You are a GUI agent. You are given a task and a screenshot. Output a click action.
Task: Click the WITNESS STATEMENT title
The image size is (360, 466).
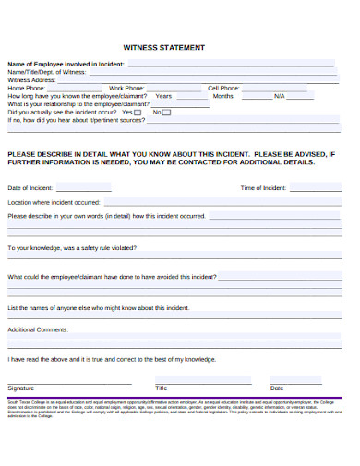[x=163, y=47]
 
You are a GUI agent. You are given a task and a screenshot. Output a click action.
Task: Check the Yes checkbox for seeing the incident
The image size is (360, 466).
[x=138, y=112]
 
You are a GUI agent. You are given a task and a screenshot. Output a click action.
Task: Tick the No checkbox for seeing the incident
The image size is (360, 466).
[x=166, y=112]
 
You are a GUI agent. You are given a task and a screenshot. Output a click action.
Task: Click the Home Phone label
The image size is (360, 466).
[x=28, y=88]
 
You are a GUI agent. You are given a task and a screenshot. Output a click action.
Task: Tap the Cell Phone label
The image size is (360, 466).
[x=223, y=88]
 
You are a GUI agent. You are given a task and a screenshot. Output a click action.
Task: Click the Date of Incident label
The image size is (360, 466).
[x=30, y=187]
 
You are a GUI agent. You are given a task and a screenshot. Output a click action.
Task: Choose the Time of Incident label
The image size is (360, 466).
[x=264, y=187]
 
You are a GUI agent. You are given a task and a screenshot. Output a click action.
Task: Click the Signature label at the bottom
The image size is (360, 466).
[x=21, y=388]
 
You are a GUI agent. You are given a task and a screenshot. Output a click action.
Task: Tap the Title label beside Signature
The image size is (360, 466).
[x=162, y=388]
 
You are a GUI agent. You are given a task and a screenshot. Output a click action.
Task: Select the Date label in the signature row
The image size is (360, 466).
[x=277, y=388]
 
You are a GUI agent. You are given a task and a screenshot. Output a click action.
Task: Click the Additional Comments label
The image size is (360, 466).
[x=38, y=329]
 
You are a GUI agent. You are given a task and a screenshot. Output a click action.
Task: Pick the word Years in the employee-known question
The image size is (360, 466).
[x=163, y=96]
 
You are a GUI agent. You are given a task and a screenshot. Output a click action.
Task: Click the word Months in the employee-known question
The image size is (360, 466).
[x=222, y=96]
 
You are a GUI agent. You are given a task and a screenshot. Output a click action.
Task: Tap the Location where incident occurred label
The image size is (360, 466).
[x=54, y=201]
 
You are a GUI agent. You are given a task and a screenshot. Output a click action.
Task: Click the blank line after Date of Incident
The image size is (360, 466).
[x=83, y=188]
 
